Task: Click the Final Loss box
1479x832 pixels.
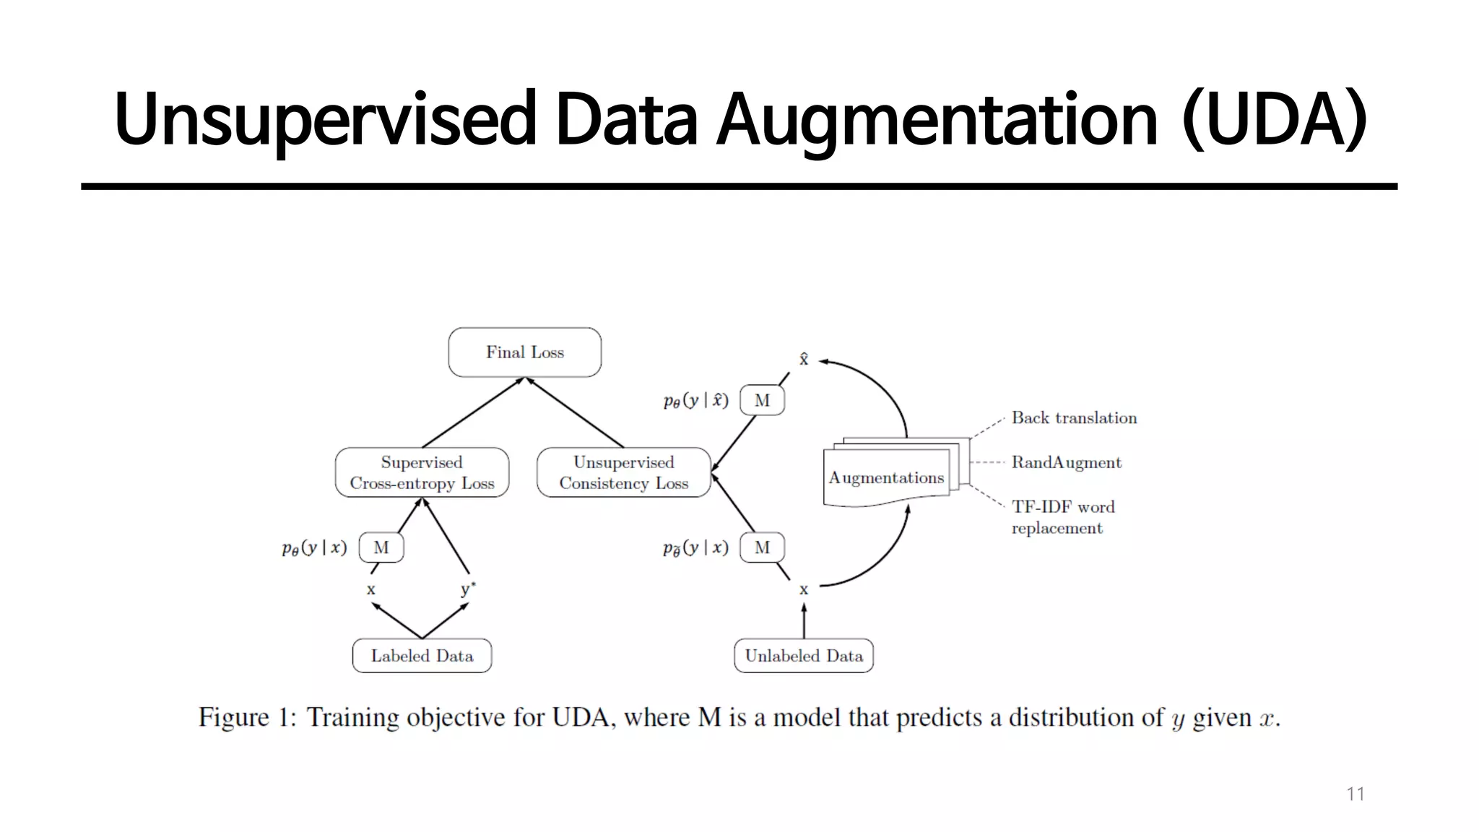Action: [524, 352]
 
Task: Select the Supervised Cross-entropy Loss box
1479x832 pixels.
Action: [422, 472]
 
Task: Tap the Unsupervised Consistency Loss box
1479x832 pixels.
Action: [623, 472]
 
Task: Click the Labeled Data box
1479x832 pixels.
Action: [422, 656]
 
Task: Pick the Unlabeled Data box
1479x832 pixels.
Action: [803, 656]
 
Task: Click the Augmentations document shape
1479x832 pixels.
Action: [886, 477]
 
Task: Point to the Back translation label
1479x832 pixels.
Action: [1073, 418]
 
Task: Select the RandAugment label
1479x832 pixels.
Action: [1066, 462]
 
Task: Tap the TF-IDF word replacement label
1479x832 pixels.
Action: [1062, 517]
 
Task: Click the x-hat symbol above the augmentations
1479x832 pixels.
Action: [803, 359]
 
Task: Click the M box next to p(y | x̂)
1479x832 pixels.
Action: [762, 401]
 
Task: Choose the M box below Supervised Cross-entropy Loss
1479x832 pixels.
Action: [381, 548]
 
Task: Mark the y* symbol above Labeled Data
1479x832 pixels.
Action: [468, 589]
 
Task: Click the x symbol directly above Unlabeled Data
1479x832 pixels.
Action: [803, 590]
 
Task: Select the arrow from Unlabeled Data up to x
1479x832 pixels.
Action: [803, 622]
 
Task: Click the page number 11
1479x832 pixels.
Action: [1355, 794]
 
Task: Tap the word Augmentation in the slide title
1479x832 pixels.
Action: [937, 119]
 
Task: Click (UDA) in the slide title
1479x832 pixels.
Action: [1274, 119]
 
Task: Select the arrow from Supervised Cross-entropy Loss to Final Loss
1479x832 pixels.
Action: [473, 412]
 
